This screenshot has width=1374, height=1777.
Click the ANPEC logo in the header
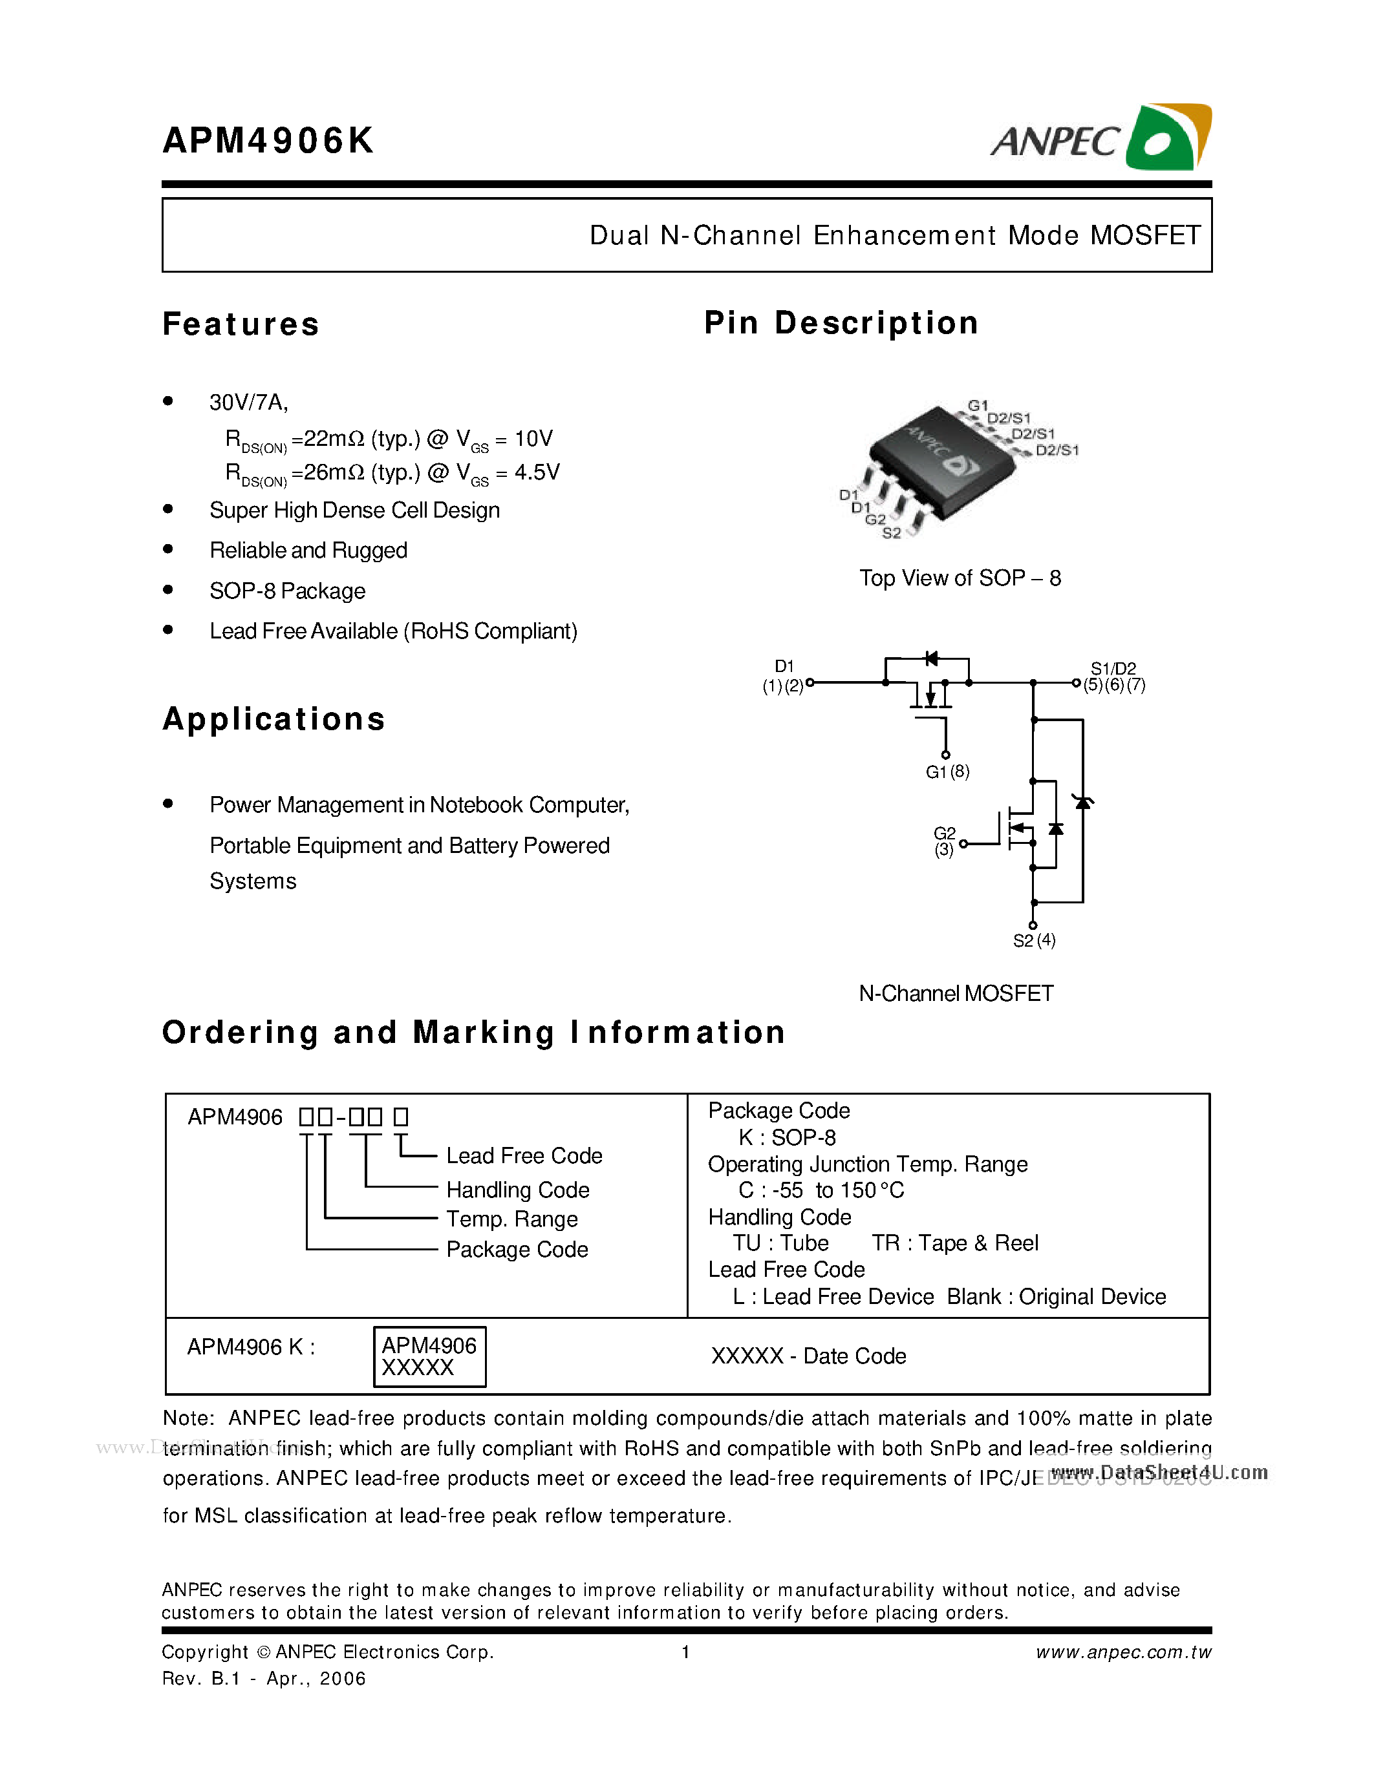pyautogui.click(x=1100, y=138)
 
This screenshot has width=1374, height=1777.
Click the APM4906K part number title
pyautogui.click(x=268, y=141)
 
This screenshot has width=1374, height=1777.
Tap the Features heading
pyautogui.click(x=241, y=324)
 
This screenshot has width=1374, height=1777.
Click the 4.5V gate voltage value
pyautogui.click(x=537, y=473)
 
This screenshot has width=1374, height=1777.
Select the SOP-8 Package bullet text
pyautogui.click(x=287, y=591)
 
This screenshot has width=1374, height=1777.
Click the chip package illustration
pyautogui.click(x=944, y=464)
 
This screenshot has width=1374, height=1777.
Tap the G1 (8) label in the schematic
pyautogui.click(x=947, y=772)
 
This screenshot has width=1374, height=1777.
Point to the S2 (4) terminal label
pyautogui.click(x=1034, y=941)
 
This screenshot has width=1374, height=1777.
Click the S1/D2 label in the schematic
pyautogui.click(x=1113, y=669)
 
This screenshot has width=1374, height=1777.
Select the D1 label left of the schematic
pyautogui.click(x=784, y=666)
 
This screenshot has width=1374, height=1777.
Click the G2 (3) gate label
pyautogui.click(x=944, y=841)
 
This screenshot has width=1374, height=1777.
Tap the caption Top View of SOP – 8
pyautogui.click(x=960, y=578)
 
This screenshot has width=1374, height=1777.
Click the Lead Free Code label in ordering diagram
pyautogui.click(x=524, y=1155)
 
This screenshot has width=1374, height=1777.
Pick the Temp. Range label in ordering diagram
pyautogui.click(x=512, y=1219)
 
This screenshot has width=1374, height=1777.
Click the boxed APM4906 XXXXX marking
pyautogui.click(x=429, y=1356)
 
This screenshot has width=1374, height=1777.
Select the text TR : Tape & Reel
pyautogui.click(x=955, y=1243)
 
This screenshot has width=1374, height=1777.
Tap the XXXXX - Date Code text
pyautogui.click(x=808, y=1356)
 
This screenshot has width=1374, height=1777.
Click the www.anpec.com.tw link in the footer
pyautogui.click(x=1123, y=1652)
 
